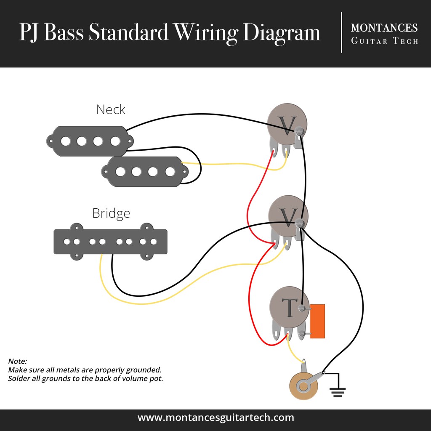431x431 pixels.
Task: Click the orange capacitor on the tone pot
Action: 317,321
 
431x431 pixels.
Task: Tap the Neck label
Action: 111,110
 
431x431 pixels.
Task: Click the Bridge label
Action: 111,213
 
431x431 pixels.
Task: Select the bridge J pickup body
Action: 110,242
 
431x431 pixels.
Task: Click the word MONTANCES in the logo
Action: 384,28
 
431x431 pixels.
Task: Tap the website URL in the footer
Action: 215,418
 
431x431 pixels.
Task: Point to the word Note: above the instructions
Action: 17,361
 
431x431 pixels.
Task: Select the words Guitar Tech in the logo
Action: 384,41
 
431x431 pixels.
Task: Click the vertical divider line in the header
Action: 341,32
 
